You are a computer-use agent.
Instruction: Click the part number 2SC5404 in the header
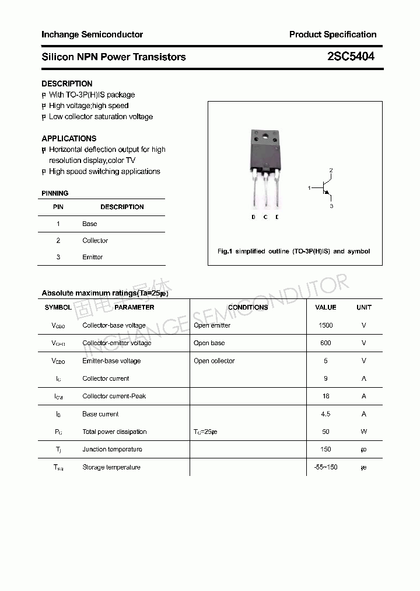pyautogui.click(x=351, y=57)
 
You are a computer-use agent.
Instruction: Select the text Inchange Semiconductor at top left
pyautogui.click(x=92, y=34)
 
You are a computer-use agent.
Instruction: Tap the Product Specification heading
pyautogui.click(x=332, y=34)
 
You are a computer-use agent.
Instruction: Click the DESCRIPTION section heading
pyautogui.click(x=66, y=84)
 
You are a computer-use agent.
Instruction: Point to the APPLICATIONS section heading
pyautogui.click(x=69, y=138)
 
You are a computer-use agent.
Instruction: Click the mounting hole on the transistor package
pyautogui.click(x=266, y=138)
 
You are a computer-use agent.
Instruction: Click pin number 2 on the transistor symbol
pyautogui.click(x=331, y=171)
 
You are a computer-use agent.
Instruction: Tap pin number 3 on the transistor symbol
pyautogui.click(x=331, y=206)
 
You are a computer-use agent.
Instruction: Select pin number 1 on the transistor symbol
pyautogui.click(x=309, y=188)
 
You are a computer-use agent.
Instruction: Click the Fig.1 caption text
pyautogui.click(x=293, y=251)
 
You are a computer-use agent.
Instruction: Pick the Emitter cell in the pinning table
pyautogui.click(x=92, y=257)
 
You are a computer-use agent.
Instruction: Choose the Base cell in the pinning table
pyautogui.click(x=89, y=224)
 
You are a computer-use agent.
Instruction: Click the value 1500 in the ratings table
pyautogui.click(x=325, y=325)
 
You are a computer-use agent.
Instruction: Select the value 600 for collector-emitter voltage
pyautogui.click(x=325, y=343)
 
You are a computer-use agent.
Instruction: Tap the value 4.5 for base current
pyautogui.click(x=325, y=414)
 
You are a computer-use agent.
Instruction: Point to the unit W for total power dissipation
pyautogui.click(x=363, y=432)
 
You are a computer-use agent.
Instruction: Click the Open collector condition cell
pyautogui.click(x=214, y=361)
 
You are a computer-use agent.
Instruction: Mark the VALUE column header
pyautogui.click(x=325, y=307)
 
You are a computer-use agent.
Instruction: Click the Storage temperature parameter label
pyautogui.click(x=111, y=467)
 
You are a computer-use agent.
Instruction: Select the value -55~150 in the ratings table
pyautogui.click(x=325, y=467)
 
